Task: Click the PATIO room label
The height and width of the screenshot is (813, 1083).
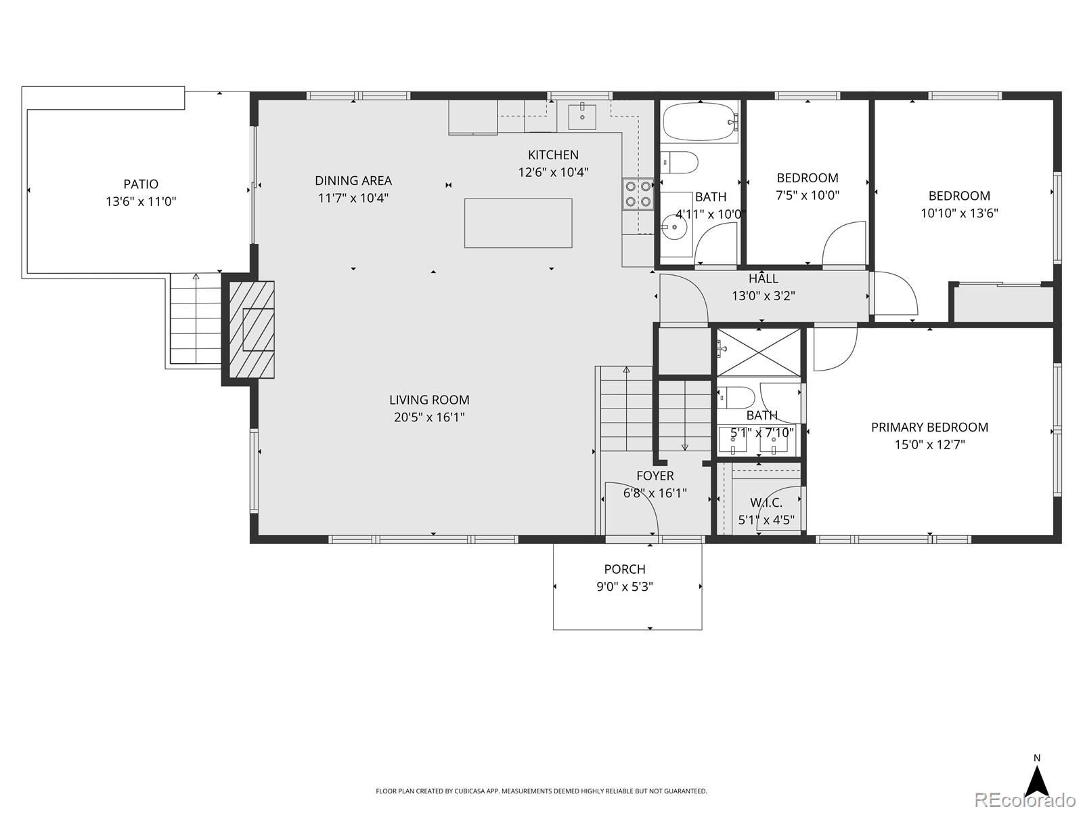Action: [x=141, y=184]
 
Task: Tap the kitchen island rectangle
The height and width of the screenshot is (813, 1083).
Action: [x=518, y=223]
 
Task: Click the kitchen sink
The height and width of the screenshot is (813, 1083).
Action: [x=582, y=116]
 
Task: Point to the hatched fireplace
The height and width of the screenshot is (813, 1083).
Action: [x=252, y=329]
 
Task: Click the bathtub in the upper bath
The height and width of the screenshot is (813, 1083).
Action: [x=699, y=122]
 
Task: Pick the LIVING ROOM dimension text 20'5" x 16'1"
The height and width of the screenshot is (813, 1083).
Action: [x=429, y=417]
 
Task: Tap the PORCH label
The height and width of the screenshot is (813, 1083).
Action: [x=625, y=569]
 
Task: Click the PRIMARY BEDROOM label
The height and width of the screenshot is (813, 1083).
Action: [x=929, y=428]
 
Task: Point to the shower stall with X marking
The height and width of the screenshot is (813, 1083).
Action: [x=758, y=352]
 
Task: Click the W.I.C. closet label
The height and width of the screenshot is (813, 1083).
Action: [x=766, y=503]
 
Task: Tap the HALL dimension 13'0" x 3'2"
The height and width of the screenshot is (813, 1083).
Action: [x=763, y=296]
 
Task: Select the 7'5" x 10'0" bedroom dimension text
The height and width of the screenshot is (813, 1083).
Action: [x=808, y=195]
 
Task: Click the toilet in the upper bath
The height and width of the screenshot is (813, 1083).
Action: [x=680, y=163]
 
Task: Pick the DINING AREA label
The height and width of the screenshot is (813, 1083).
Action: [x=353, y=181]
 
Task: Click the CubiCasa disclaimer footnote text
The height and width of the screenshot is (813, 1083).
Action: [x=541, y=791]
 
